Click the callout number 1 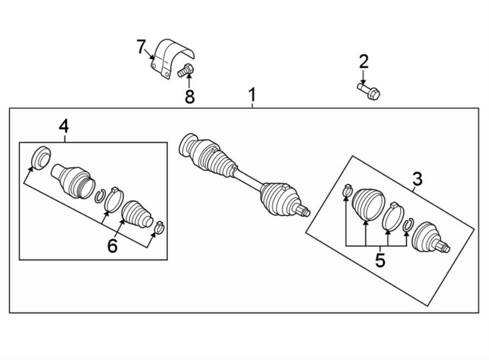(252, 95)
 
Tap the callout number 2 (363, 61)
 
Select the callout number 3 (417, 178)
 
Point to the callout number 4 (64, 127)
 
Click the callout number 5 (380, 259)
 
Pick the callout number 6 (112, 246)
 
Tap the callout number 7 (141, 47)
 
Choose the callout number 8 (189, 96)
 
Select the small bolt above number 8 (186, 70)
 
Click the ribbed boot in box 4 (136, 214)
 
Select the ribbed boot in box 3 (367, 204)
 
